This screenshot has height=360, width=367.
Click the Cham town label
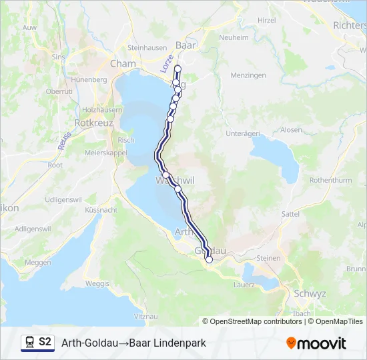point(122,64)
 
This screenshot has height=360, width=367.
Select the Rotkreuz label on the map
point(94,123)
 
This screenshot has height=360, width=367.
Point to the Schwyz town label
point(310,293)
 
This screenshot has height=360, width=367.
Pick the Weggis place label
point(97,283)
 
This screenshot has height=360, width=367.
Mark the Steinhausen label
point(145,48)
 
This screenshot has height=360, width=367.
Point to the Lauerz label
point(244,285)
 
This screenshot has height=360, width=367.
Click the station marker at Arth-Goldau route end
point(209,260)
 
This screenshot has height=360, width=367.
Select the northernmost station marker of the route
point(178,69)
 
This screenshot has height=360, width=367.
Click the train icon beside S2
point(29,343)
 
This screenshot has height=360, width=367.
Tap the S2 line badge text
point(45,343)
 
